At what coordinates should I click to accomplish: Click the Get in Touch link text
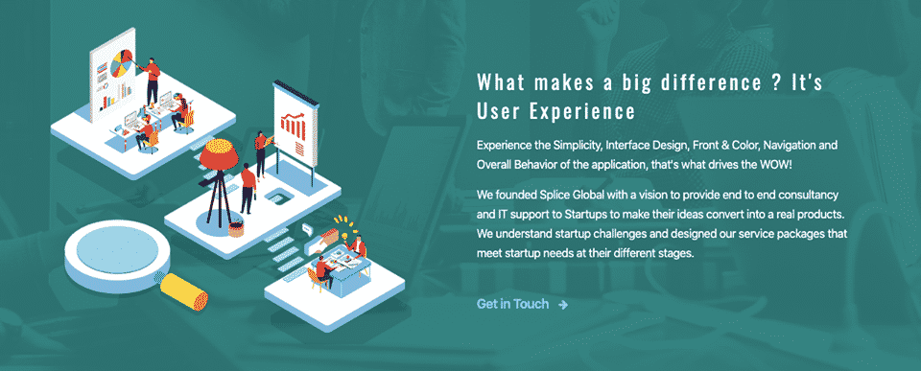click(x=512, y=304)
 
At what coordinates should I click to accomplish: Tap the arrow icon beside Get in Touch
click(x=563, y=305)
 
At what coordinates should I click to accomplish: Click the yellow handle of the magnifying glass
click(x=184, y=291)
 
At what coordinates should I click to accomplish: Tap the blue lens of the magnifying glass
click(x=117, y=252)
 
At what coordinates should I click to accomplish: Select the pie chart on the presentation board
click(x=121, y=64)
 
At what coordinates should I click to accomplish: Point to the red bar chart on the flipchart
click(x=294, y=124)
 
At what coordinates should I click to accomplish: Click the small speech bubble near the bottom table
click(x=306, y=228)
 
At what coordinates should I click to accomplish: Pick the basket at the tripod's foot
click(x=236, y=227)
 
